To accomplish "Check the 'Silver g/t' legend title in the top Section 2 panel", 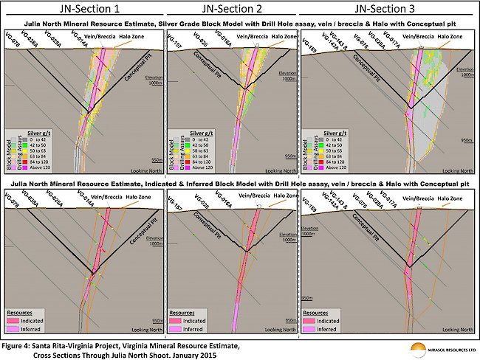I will coord(201,134).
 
